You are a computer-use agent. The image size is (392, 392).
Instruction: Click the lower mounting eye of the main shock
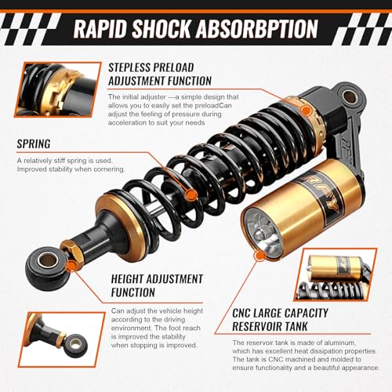[46, 270]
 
